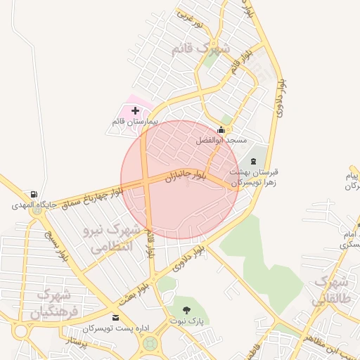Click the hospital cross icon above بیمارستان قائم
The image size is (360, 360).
[x=135, y=111]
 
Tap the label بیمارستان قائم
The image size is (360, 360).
[x=135, y=122]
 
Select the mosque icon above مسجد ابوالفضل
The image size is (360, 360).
[x=222, y=129]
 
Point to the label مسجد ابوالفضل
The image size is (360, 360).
[x=222, y=141]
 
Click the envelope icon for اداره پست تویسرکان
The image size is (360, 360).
[x=115, y=318]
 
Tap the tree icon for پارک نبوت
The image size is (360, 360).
[x=186, y=310]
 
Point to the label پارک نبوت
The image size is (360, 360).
[x=186, y=321]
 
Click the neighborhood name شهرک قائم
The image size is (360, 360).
[x=200, y=49]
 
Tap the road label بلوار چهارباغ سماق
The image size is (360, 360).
[x=91, y=196]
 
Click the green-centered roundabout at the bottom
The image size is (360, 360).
[x=149, y=344]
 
